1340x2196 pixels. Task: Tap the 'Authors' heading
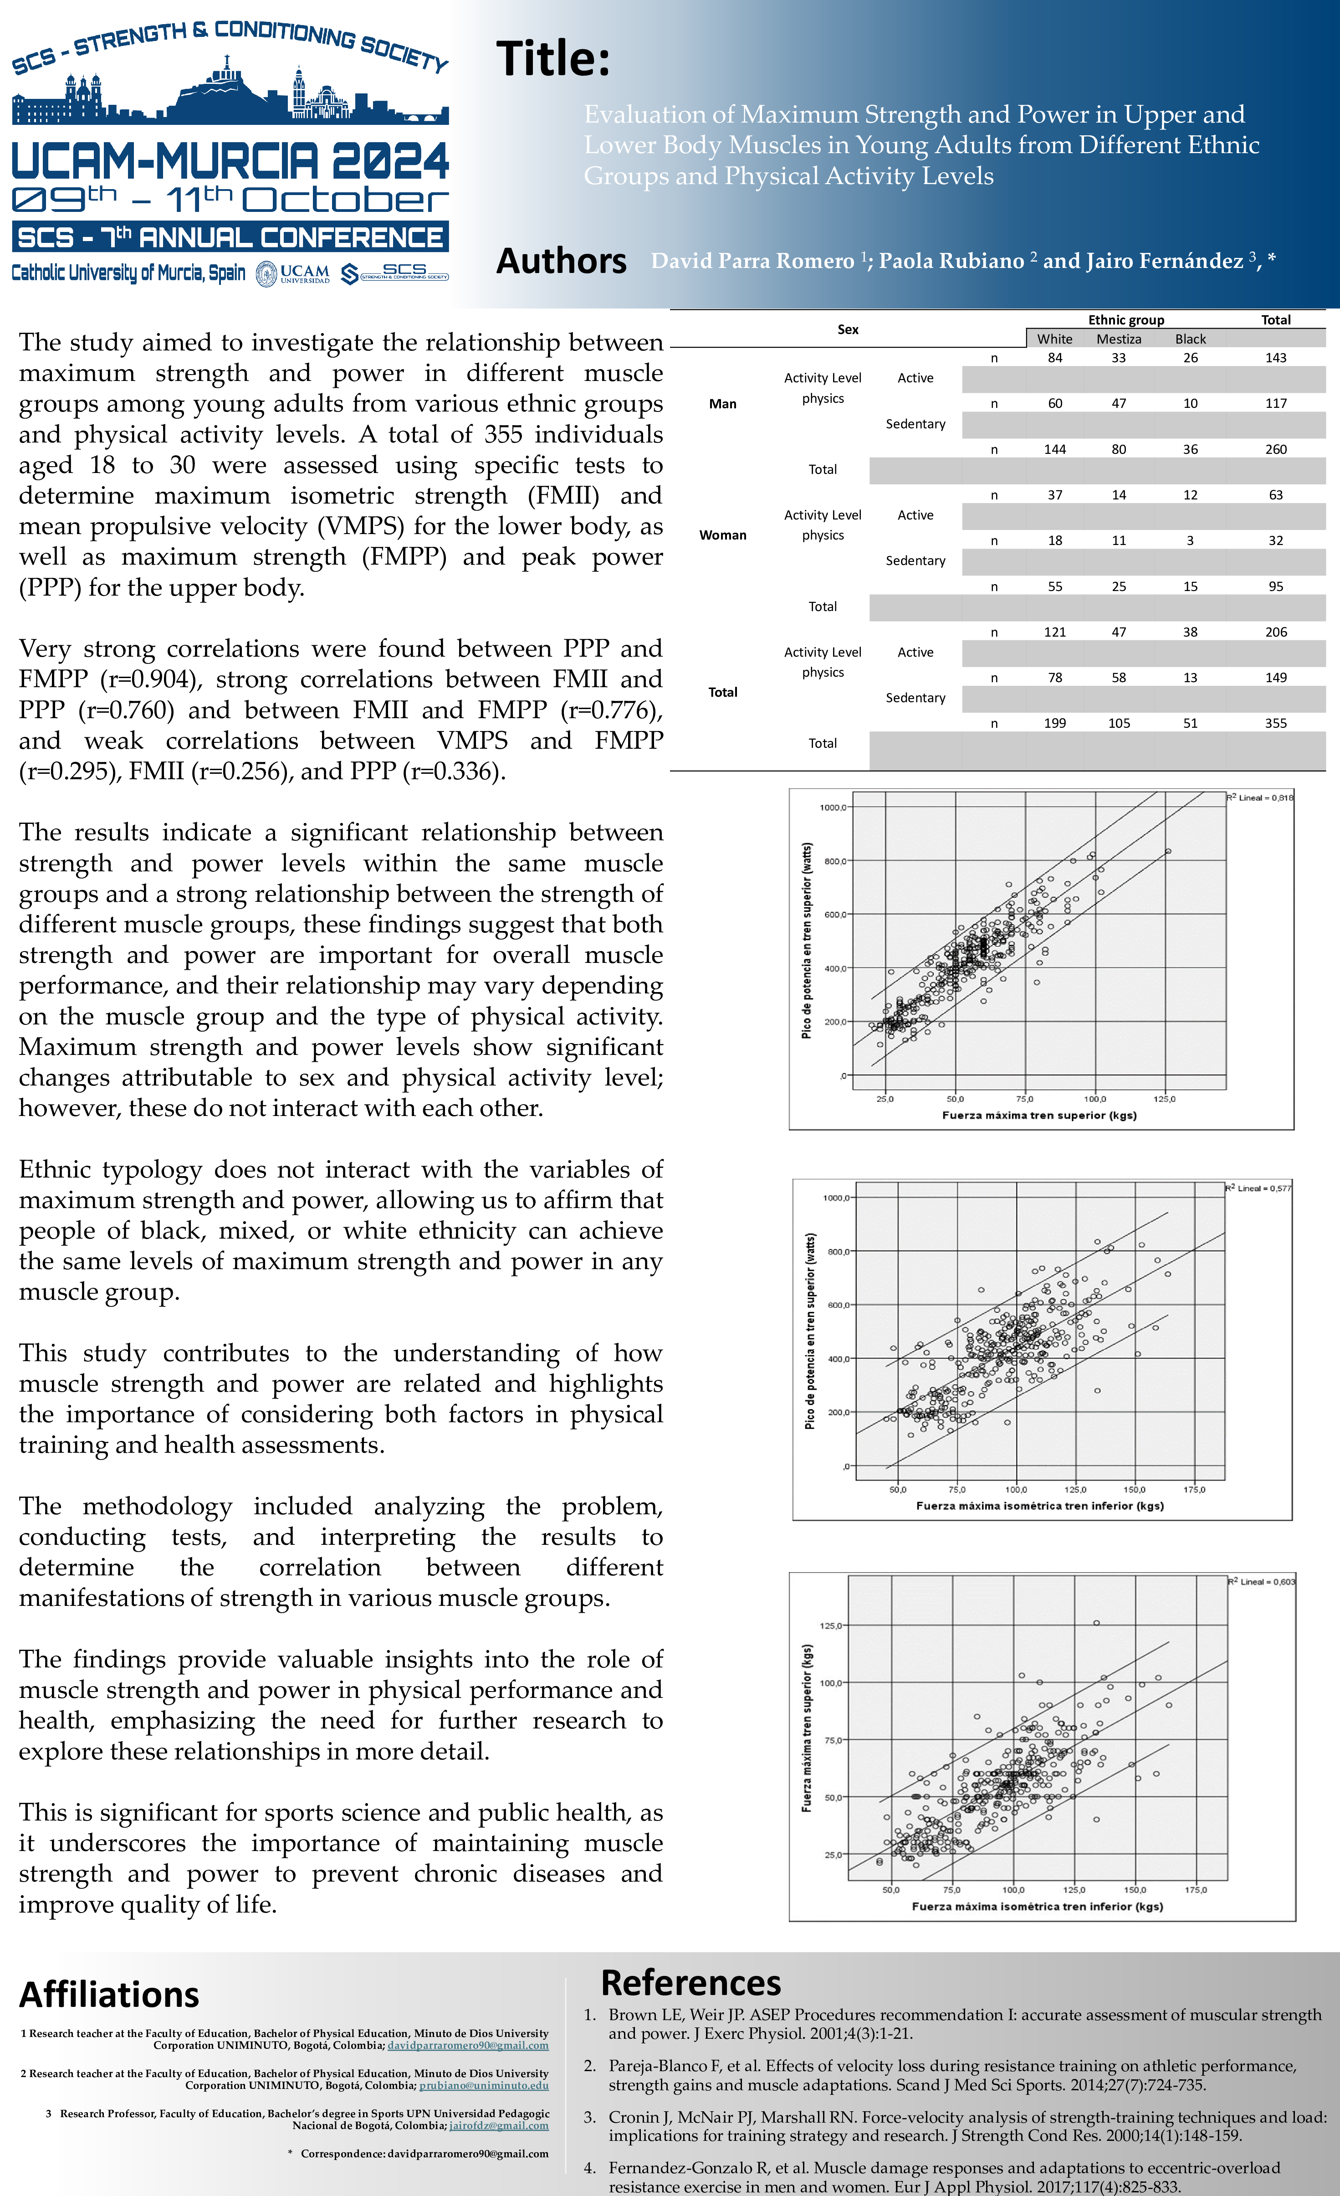[x=561, y=261]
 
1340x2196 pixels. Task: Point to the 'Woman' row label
[x=722, y=535]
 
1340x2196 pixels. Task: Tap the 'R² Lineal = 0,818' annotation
[x=1260, y=797]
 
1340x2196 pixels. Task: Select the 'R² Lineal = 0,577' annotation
[x=1258, y=1188]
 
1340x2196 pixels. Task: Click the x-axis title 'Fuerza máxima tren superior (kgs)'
[x=1039, y=1115]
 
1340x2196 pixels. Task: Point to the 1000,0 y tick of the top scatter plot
[x=833, y=807]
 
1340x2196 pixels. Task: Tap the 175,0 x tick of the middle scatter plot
[x=1194, y=1489]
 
